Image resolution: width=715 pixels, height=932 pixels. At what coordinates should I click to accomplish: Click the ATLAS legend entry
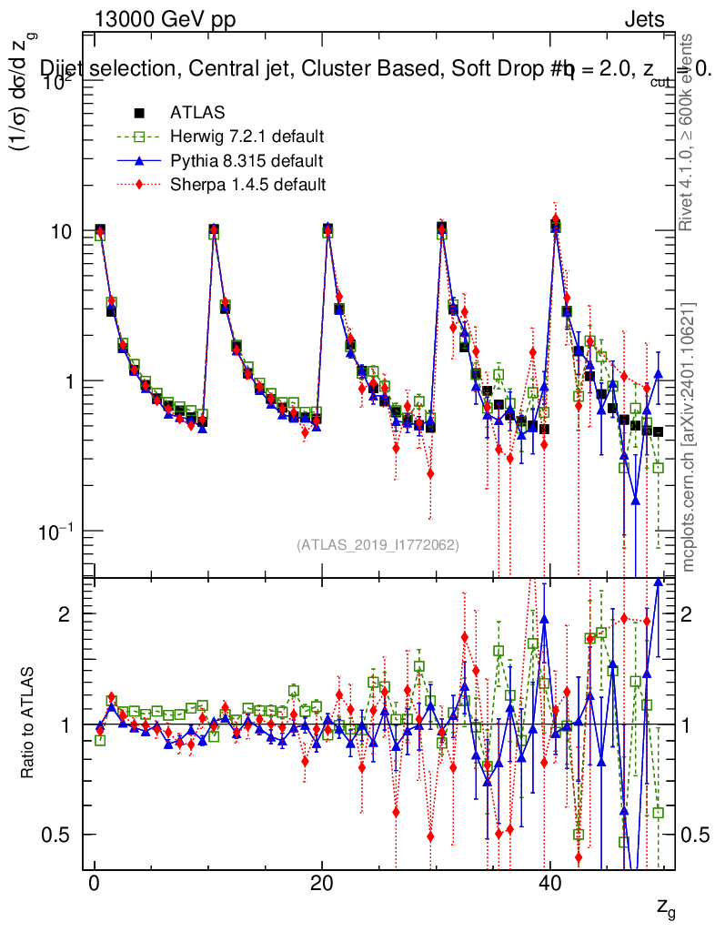click(197, 113)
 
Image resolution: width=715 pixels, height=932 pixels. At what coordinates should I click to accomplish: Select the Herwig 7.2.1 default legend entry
click(247, 137)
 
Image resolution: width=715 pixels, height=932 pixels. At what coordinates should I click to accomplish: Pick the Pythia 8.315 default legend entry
click(246, 161)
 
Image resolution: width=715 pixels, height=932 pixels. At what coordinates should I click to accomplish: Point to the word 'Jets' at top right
click(643, 19)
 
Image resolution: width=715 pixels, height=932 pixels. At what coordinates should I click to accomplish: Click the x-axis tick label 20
click(320, 886)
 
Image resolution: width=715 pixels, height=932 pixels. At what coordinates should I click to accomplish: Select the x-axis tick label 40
click(548, 886)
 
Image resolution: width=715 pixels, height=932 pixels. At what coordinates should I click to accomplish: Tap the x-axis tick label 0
click(94, 886)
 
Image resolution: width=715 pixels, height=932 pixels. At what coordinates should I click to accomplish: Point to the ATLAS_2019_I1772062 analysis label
click(378, 545)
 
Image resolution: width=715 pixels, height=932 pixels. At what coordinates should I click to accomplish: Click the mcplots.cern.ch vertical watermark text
click(690, 436)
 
